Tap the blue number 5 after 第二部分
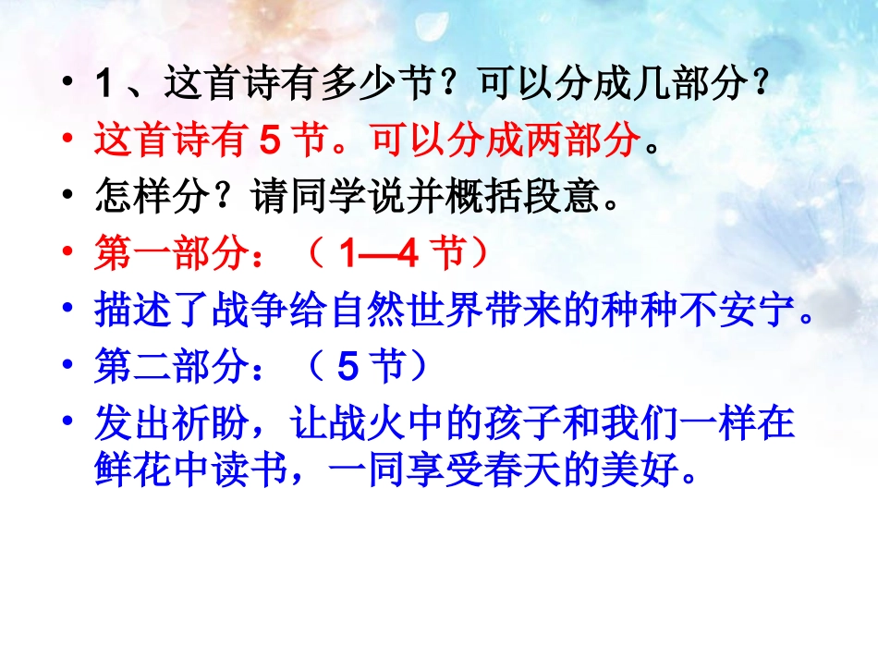click(x=348, y=368)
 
